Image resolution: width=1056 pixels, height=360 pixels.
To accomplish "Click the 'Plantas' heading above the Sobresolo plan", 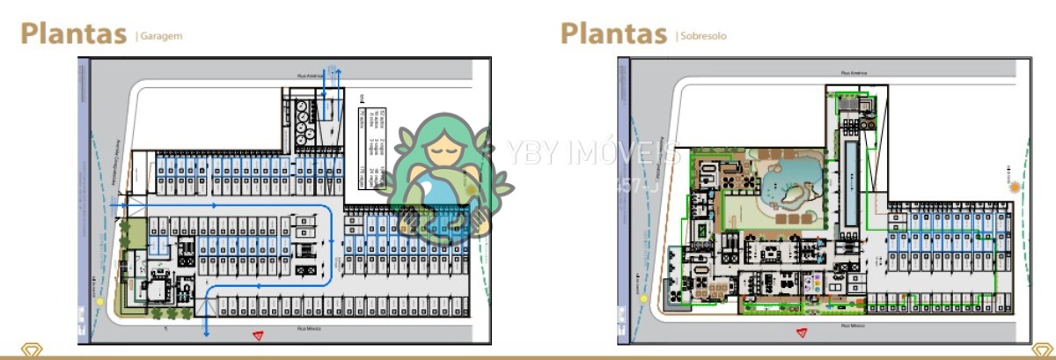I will pos(613,33).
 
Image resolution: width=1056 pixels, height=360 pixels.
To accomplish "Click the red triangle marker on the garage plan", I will pos(260,334).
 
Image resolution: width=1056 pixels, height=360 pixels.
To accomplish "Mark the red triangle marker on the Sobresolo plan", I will pos(802,333).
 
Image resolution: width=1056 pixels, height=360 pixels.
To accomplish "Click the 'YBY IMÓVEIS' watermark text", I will pos(591,154).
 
